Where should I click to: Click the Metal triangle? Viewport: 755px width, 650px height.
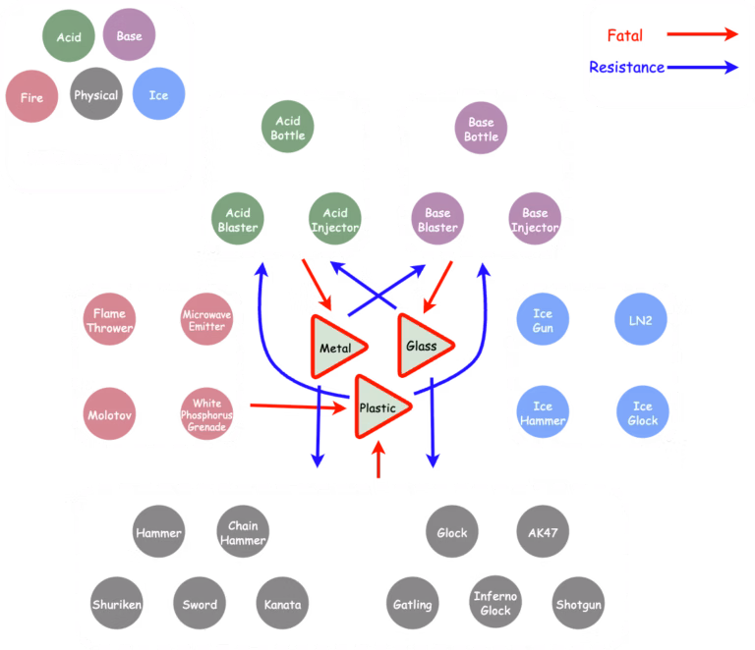pos(335,347)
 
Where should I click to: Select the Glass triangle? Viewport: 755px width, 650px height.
pos(422,345)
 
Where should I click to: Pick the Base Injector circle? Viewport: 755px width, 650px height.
pos(535,220)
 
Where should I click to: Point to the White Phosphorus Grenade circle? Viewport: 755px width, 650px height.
pos(206,411)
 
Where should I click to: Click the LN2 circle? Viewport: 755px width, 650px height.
pos(641,321)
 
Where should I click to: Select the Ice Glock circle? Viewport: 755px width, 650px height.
pos(642,412)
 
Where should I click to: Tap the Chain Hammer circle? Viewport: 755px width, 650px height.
pos(242,533)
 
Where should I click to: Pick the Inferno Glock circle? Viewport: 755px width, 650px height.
pos(494,604)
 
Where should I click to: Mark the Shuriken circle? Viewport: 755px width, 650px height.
pos(117,605)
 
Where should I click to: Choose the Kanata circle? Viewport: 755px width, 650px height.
pos(282,605)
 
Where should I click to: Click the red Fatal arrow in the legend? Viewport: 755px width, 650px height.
pos(702,34)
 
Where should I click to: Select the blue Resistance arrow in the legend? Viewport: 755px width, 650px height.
pos(702,68)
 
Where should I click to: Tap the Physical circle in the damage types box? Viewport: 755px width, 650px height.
pos(95,95)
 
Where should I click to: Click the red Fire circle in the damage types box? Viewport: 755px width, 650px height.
pos(31,98)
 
